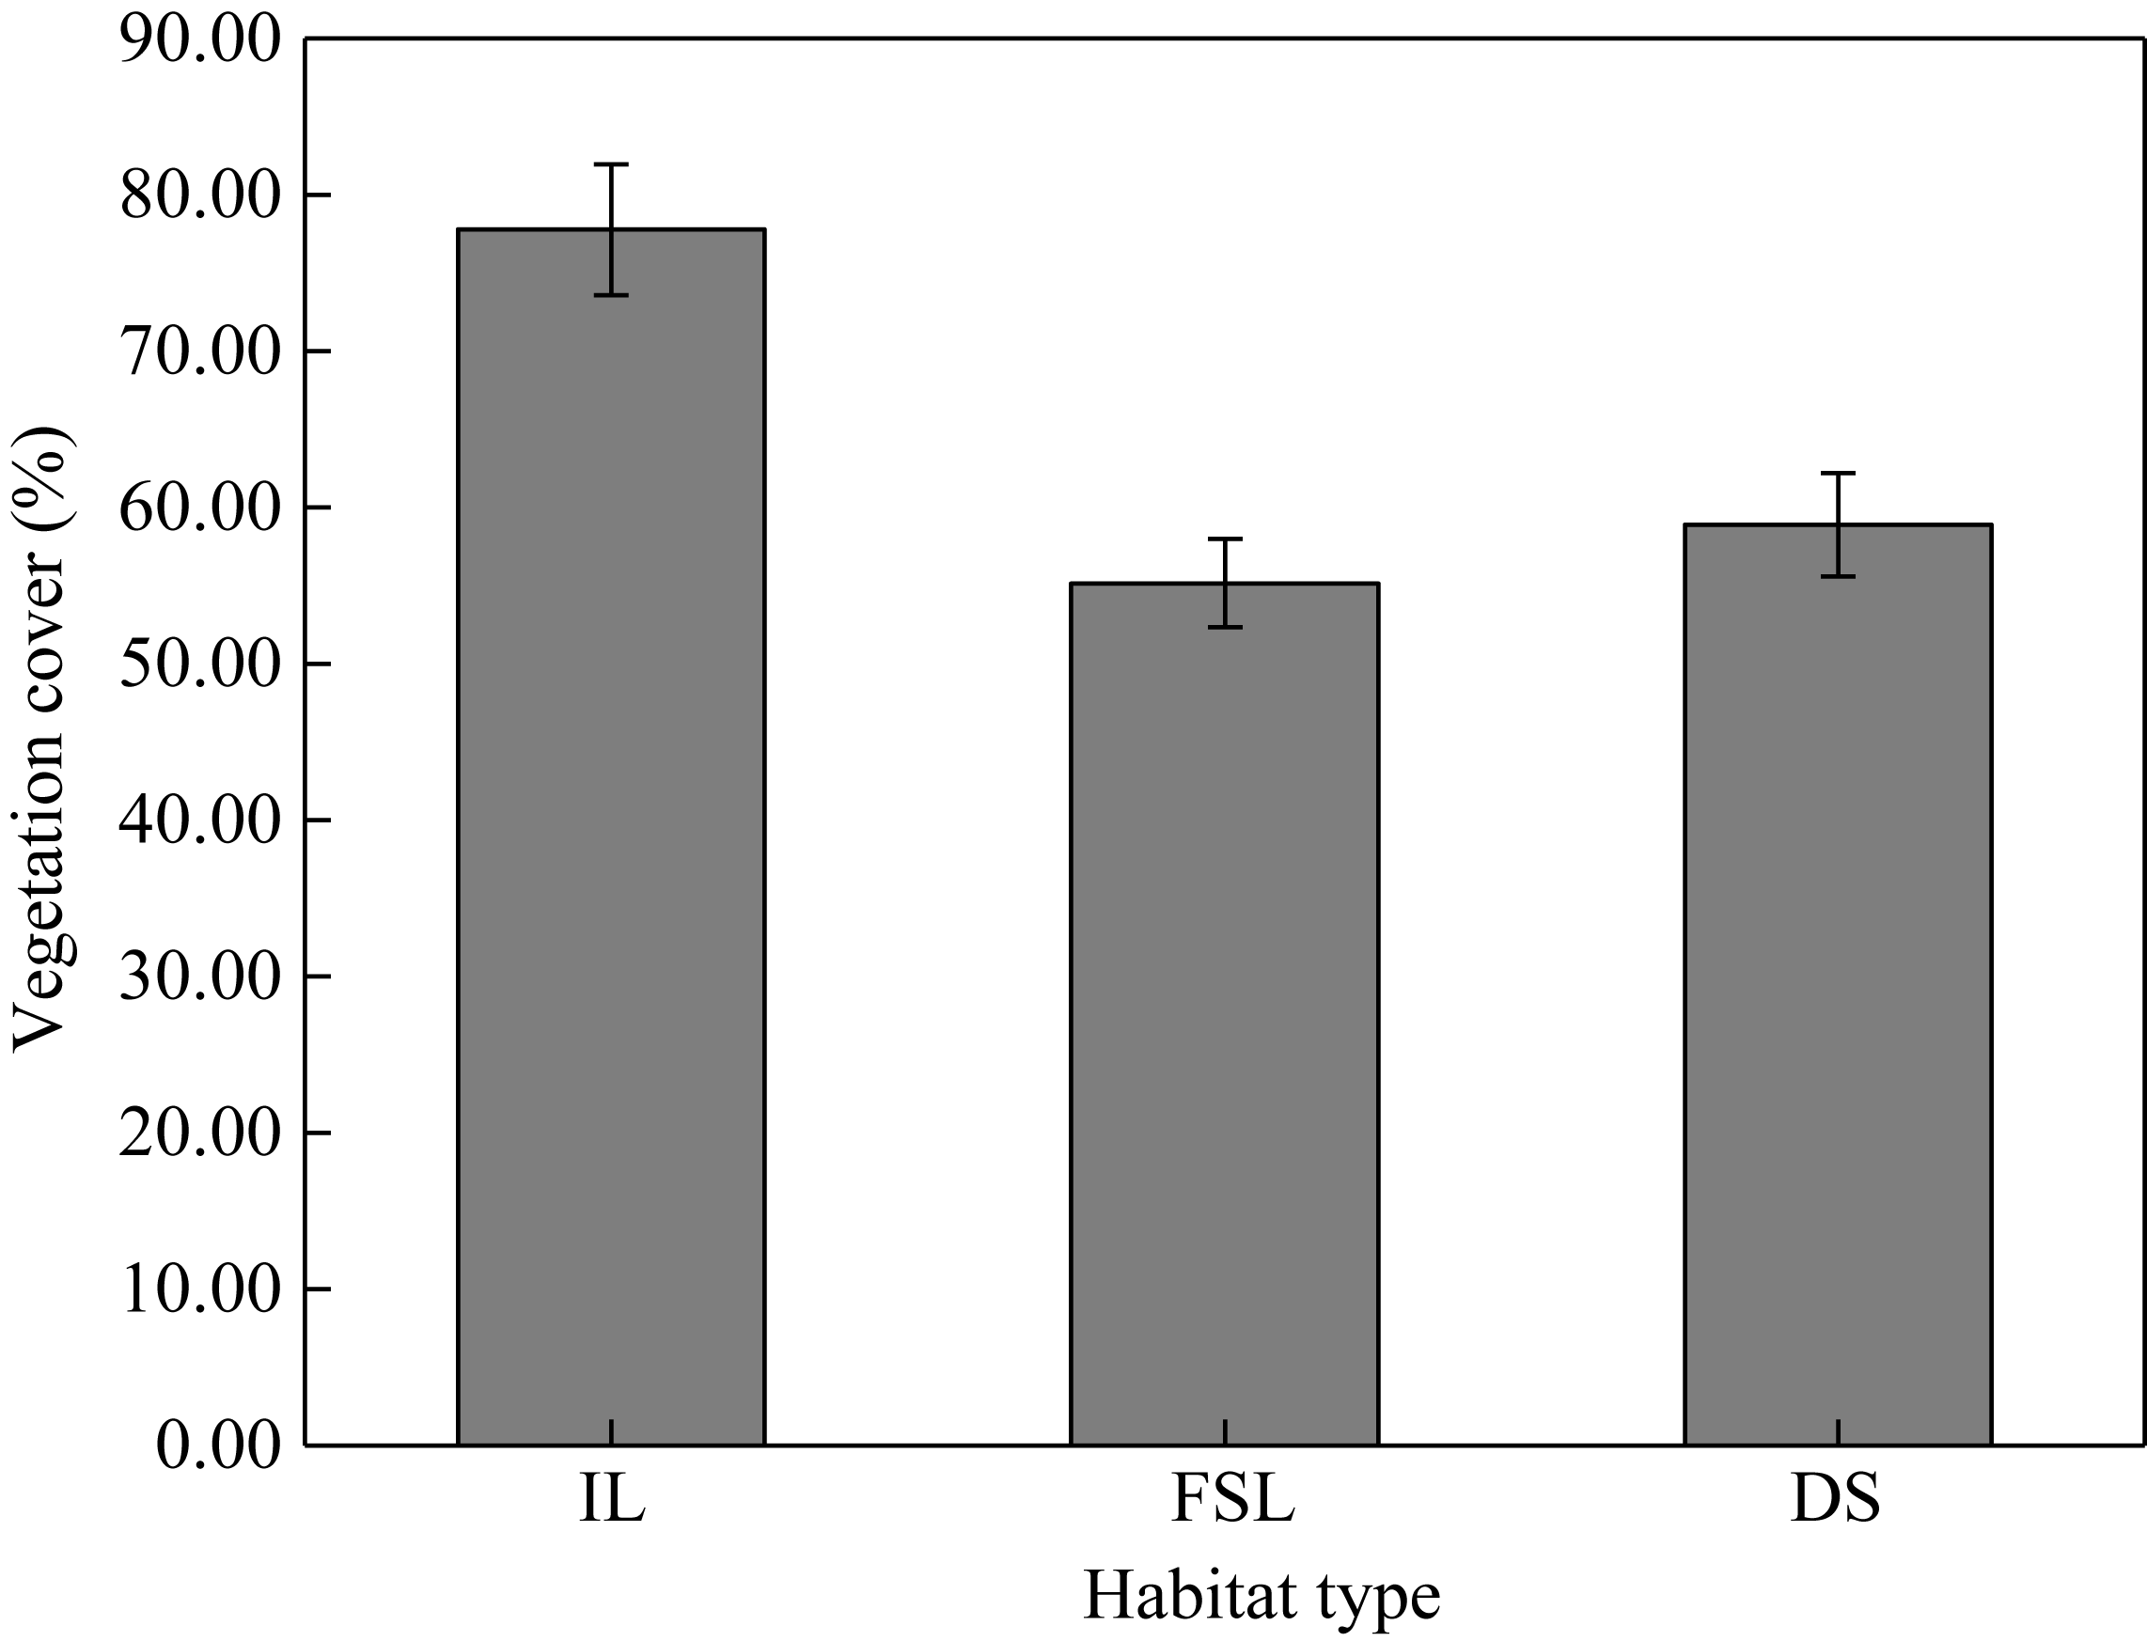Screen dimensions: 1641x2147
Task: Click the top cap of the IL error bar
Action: click(610, 164)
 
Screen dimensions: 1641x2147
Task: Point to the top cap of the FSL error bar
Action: click(1224, 539)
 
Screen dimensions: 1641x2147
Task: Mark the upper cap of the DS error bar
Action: click(1838, 473)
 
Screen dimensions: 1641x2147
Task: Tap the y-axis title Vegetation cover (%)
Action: click(41, 741)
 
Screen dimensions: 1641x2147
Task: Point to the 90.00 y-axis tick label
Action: click(199, 41)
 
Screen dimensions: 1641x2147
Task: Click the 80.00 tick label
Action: click(199, 196)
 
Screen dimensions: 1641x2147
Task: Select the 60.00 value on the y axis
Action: click(199, 508)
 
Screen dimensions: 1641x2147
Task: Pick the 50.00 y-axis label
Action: click(199, 665)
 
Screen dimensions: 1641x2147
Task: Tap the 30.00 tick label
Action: click(199, 977)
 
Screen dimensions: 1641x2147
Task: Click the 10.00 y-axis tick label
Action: click(199, 1289)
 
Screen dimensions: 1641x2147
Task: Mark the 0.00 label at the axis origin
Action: click(218, 1446)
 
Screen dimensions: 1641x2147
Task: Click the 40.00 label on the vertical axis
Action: click(199, 821)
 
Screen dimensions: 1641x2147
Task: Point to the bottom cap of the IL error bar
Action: click(610, 294)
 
